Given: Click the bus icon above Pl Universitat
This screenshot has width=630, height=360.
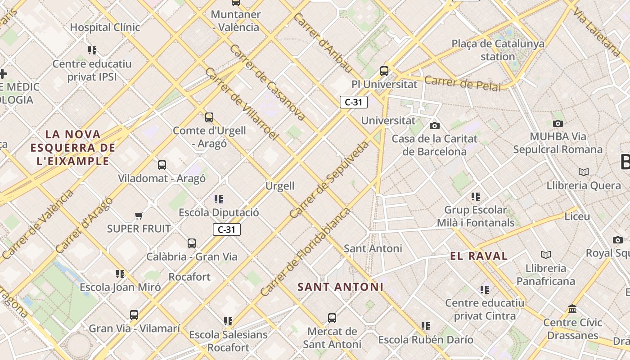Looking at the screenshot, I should (x=384, y=71).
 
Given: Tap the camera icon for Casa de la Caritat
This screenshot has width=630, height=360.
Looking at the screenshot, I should (x=434, y=126).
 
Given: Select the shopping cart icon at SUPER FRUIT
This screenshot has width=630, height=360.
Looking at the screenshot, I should (x=139, y=216).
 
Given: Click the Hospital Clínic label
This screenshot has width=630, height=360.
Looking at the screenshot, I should (x=105, y=27).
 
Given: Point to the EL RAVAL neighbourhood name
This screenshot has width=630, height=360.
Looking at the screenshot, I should (x=479, y=256).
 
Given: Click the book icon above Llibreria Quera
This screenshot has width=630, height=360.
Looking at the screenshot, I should (x=584, y=172).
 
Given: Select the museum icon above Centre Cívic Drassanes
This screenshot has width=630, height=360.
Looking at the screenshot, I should (x=572, y=309).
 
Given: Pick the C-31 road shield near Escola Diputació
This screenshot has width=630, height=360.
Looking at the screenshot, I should (x=227, y=229).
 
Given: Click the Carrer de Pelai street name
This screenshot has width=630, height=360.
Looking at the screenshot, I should (x=462, y=83).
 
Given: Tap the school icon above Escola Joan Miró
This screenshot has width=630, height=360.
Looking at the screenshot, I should (x=120, y=274).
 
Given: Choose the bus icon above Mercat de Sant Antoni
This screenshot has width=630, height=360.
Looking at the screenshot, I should (x=332, y=318).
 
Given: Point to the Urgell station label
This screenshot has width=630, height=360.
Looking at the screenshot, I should (x=279, y=186).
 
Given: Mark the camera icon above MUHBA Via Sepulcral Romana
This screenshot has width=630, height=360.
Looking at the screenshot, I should (x=558, y=123).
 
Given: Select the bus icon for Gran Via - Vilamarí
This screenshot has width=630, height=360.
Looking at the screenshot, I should (x=134, y=315).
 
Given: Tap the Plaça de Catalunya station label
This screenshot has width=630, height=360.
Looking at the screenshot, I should (x=498, y=50).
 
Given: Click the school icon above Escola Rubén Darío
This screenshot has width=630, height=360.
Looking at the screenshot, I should (x=426, y=326).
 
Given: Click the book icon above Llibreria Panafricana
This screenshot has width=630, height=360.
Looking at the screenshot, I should (x=546, y=255).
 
